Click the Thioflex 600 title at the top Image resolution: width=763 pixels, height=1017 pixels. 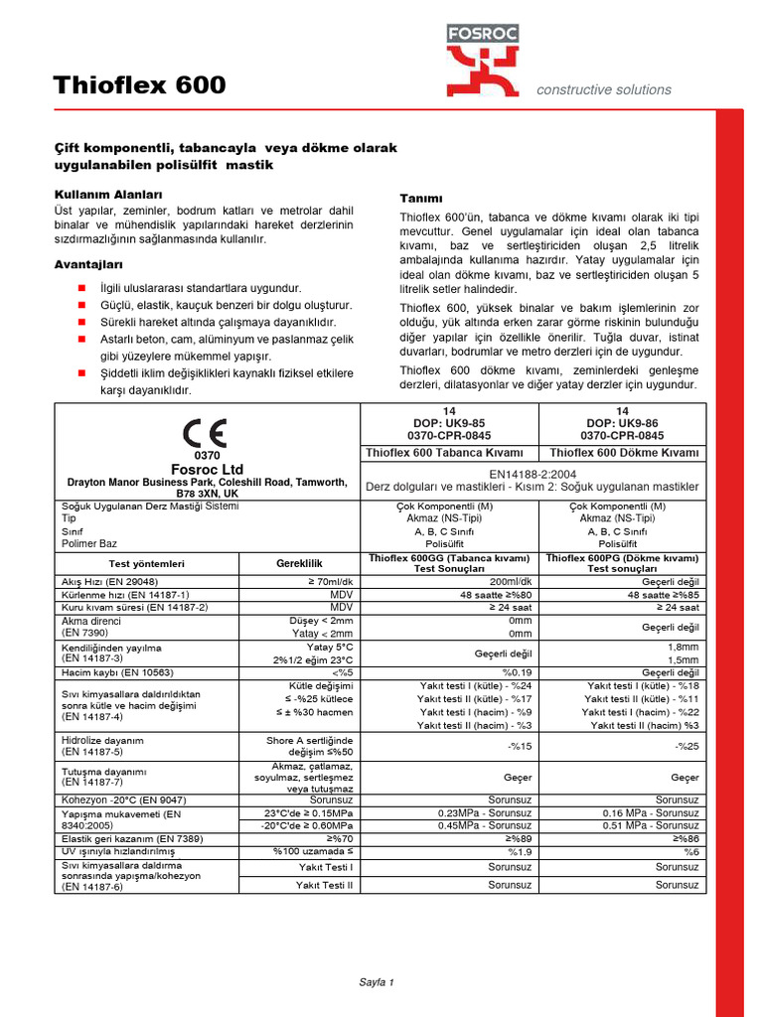(x=140, y=86)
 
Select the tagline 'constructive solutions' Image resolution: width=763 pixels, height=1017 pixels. (x=603, y=89)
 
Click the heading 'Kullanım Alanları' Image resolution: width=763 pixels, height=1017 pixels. (x=107, y=194)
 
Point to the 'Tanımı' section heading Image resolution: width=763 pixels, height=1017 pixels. (x=420, y=198)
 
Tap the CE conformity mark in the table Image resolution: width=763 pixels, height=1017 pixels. (x=205, y=433)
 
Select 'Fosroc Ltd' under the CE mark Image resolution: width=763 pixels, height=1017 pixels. (x=207, y=469)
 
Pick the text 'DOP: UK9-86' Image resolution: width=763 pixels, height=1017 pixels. (x=623, y=423)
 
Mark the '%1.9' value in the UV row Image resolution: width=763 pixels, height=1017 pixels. (x=520, y=852)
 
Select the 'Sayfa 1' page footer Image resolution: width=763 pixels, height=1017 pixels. (x=377, y=982)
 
